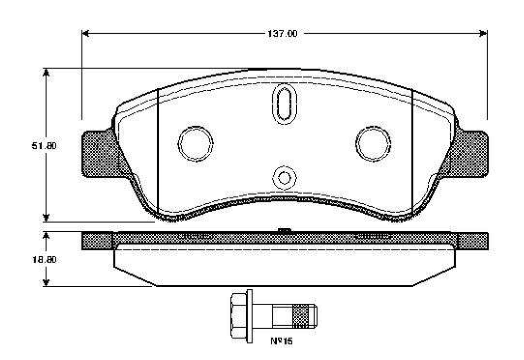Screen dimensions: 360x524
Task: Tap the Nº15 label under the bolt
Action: pos(282,341)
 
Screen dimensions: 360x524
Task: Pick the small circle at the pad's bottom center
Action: pos(284,178)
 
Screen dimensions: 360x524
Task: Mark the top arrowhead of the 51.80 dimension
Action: pos(46,72)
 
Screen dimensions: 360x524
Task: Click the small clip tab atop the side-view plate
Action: pos(284,230)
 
